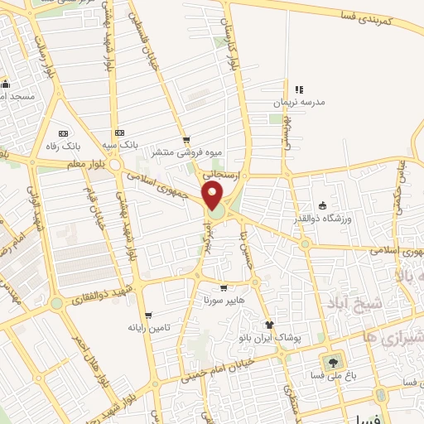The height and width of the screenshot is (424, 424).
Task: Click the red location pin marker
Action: (x=213, y=196)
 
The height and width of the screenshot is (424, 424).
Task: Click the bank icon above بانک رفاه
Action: (x=63, y=132)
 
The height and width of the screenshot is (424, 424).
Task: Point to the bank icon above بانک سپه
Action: (x=120, y=132)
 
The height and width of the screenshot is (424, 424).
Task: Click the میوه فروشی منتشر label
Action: (x=173, y=152)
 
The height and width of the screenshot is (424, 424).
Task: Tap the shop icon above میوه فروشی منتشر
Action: (x=186, y=140)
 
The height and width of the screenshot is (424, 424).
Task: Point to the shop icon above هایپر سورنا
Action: (x=223, y=288)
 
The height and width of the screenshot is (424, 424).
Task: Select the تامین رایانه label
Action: (x=149, y=328)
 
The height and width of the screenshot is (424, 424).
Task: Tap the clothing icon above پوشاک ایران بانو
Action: (x=268, y=325)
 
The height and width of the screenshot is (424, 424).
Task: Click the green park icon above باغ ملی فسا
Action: (x=333, y=363)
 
